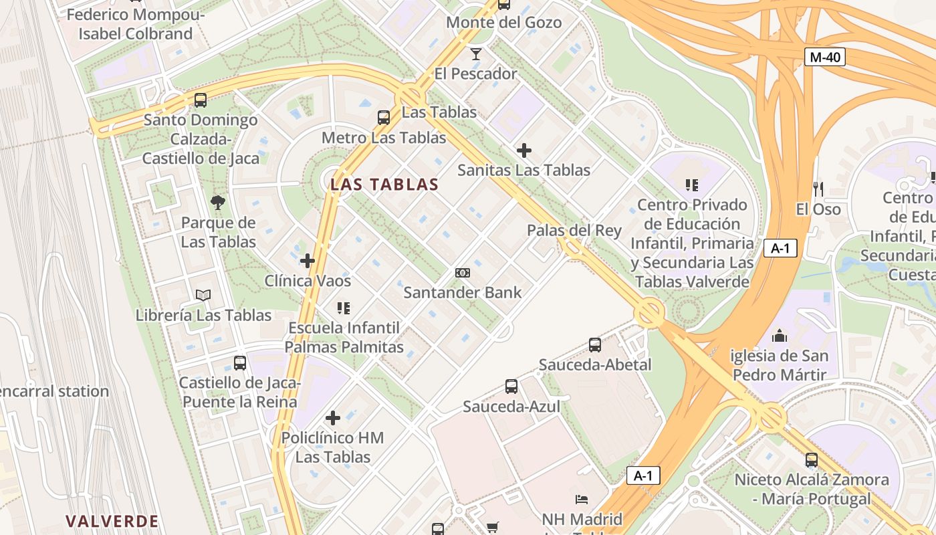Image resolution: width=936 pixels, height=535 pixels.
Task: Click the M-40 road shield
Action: pos(824,57)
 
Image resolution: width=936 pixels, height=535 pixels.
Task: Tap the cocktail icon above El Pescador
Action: pos(475,53)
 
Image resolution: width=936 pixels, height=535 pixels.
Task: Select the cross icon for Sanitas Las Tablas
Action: pos(524,150)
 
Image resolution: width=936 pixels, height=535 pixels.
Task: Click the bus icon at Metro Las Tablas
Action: pos(384,118)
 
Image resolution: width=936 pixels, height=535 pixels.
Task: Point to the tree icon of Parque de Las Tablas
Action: pos(218,202)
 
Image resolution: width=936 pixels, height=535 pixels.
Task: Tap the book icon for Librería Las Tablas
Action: pos(203,295)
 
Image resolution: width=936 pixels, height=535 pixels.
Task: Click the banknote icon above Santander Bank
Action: pos(462,273)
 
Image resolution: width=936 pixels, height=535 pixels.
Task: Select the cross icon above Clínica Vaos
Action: pos(308,260)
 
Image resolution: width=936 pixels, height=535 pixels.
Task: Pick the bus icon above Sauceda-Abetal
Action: pos(594,345)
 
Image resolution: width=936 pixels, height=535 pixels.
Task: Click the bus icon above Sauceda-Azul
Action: pos(511,387)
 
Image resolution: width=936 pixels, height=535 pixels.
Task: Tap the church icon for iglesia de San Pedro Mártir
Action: pos(780,336)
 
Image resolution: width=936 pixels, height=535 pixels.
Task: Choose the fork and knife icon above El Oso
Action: pos(818,189)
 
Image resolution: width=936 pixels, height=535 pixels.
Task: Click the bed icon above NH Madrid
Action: pos(582,500)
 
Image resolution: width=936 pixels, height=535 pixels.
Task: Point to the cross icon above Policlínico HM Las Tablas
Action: pos(333,419)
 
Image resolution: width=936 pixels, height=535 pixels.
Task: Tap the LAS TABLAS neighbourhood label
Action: pos(384,185)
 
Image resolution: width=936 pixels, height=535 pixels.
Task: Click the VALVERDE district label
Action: pos(112,521)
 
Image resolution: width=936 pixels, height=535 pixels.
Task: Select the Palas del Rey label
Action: pos(574,231)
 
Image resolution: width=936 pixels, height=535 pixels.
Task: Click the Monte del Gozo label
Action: pos(503,22)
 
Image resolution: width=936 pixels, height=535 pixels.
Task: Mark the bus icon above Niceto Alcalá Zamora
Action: pos(812,460)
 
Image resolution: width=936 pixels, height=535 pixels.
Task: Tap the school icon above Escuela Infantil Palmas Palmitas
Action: pos(344,308)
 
